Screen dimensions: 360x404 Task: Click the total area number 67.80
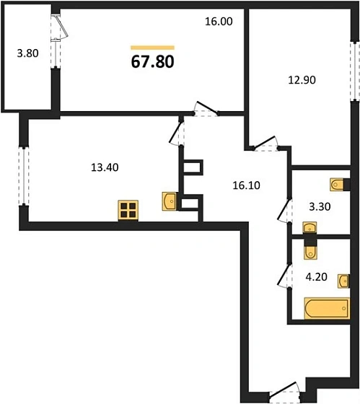[x=152, y=62]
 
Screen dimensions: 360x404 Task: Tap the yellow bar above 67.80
[x=152, y=48]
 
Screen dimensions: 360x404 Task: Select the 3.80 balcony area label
[x=28, y=53]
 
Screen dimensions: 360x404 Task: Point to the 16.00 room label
[x=219, y=22]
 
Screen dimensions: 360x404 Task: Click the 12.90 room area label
[x=302, y=80]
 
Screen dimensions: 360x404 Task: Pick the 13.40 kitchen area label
[x=105, y=167]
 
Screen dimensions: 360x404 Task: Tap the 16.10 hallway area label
[x=246, y=185]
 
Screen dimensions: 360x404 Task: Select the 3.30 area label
[x=320, y=206]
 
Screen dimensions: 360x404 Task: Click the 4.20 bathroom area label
[x=317, y=277]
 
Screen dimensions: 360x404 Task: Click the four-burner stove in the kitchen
[x=128, y=211]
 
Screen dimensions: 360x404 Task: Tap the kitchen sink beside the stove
[x=170, y=201]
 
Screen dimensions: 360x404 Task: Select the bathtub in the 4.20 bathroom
[x=327, y=308]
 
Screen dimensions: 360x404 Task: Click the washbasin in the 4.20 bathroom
[x=343, y=281]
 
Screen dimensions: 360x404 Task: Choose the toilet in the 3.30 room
[x=337, y=185]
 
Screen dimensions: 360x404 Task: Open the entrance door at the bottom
[x=285, y=392]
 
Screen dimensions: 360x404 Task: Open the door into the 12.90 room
[x=266, y=144]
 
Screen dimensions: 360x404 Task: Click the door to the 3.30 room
[x=285, y=211]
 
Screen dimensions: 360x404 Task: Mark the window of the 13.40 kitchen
[x=24, y=177]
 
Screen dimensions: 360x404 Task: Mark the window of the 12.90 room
[x=355, y=71]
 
